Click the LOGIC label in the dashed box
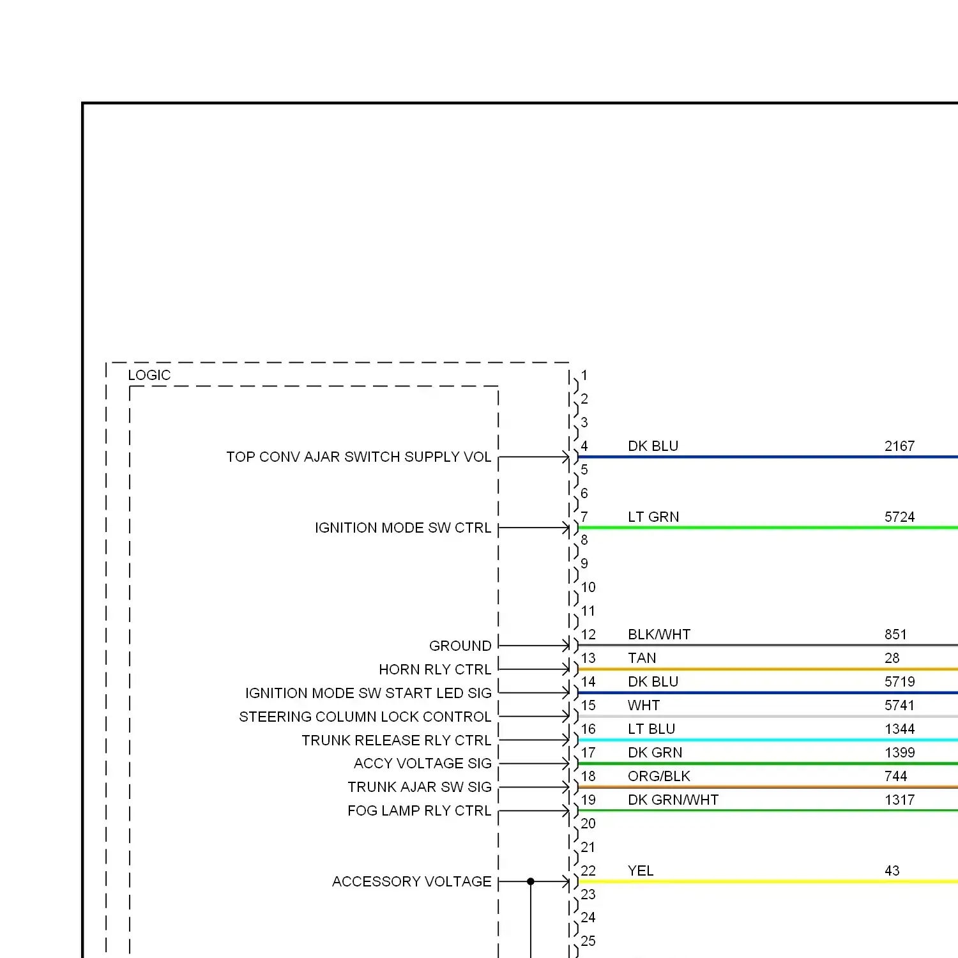pyautogui.click(x=149, y=376)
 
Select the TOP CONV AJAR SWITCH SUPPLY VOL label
pyautogui.click(x=358, y=457)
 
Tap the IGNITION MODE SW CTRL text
pyautogui.click(x=403, y=528)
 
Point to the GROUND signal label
pyautogui.click(x=460, y=646)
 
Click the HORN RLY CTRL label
pyautogui.click(x=435, y=669)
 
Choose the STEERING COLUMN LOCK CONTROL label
pyautogui.click(x=365, y=717)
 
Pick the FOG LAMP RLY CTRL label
pyautogui.click(x=419, y=810)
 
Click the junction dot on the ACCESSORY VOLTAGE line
pyautogui.click(x=531, y=881)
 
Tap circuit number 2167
pyautogui.click(x=899, y=446)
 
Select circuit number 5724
pyautogui.click(x=899, y=517)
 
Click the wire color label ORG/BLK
pyautogui.click(x=658, y=776)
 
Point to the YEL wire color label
pyautogui.click(x=641, y=871)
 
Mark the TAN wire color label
pyautogui.click(x=642, y=658)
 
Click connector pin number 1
pyautogui.click(x=584, y=376)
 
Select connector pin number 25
pyautogui.click(x=588, y=941)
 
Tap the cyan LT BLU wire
pyautogui.click(x=766, y=740)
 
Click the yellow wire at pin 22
pyautogui.click(x=766, y=881)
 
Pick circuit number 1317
pyautogui.click(x=899, y=800)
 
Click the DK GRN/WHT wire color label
pyautogui.click(x=673, y=800)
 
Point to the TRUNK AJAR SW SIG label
pyautogui.click(x=419, y=787)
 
